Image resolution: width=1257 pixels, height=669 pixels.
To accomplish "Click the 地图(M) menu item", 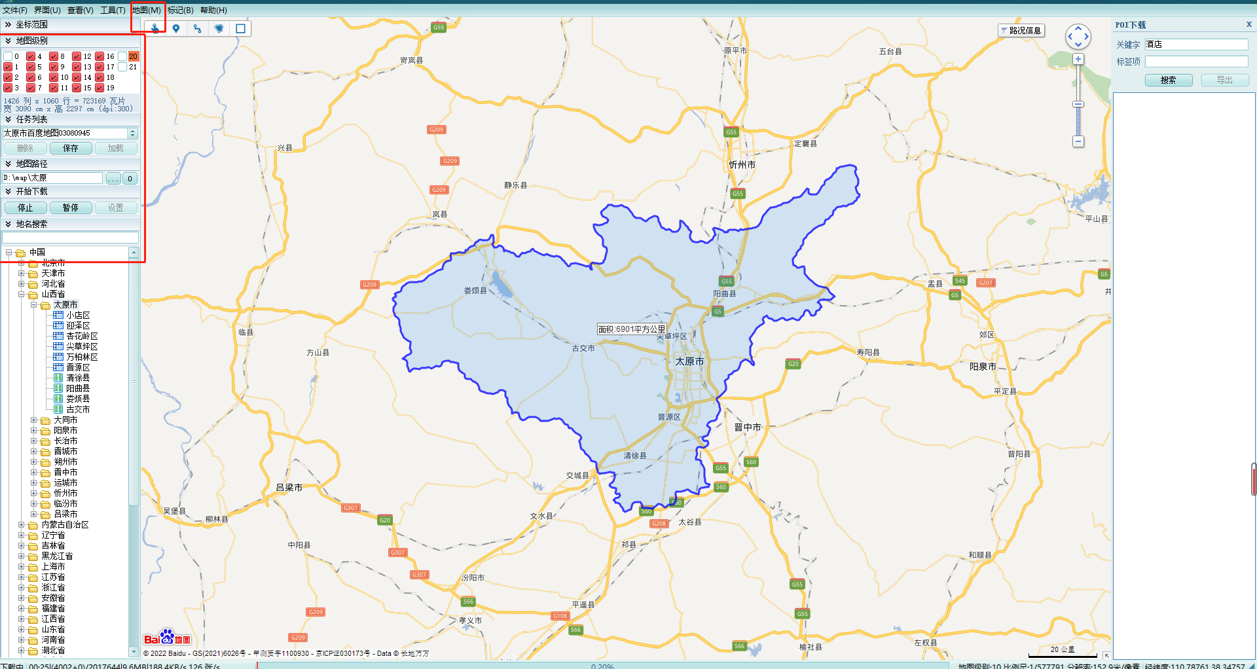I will pyautogui.click(x=146, y=10).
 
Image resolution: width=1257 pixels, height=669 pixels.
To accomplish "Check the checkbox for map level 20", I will pyautogui.click(x=122, y=56).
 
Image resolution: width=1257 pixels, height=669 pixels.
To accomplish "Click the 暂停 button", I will pyautogui.click(x=71, y=208).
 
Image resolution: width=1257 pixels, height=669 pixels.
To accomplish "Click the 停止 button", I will pyautogui.click(x=26, y=208).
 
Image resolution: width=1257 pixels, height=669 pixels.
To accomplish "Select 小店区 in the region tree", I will pyautogui.click(x=77, y=316).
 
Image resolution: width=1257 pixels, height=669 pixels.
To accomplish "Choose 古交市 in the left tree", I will pyautogui.click(x=77, y=410).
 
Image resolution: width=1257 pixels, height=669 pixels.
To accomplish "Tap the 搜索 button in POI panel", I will pyautogui.click(x=1168, y=80).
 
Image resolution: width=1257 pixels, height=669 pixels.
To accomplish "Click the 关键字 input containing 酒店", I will pyautogui.click(x=1196, y=45).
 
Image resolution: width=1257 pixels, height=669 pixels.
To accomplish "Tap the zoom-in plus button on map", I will pyautogui.click(x=1078, y=60).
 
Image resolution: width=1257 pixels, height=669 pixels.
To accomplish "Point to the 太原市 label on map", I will pyautogui.click(x=689, y=361).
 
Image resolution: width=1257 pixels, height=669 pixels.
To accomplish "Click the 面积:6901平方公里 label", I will pyautogui.click(x=631, y=329).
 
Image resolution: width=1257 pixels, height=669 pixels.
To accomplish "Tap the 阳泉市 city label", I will pyautogui.click(x=983, y=367).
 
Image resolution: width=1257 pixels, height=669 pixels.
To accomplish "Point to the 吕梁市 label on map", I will pyautogui.click(x=289, y=488).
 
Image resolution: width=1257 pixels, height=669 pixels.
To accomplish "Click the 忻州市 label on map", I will pyautogui.click(x=742, y=165).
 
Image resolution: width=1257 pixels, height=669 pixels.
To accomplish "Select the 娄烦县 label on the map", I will pyautogui.click(x=475, y=291).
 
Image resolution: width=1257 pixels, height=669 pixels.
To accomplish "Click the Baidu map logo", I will pyautogui.click(x=167, y=638).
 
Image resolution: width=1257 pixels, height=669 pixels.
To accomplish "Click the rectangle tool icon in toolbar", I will pyautogui.click(x=240, y=29).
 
